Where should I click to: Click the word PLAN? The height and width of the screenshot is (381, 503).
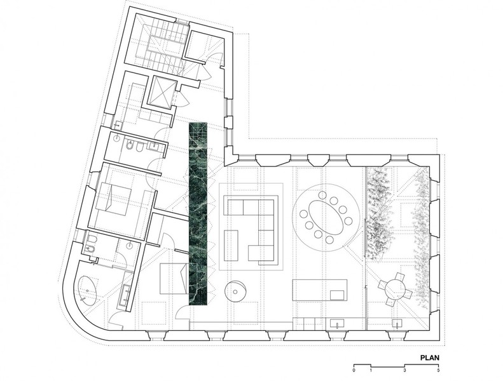[429, 358]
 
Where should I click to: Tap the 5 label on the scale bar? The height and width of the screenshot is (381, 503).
[438, 370]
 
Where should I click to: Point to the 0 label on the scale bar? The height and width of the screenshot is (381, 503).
[354, 370]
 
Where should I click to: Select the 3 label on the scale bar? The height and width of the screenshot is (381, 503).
[404, 370]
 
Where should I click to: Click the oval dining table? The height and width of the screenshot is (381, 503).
[326, 218]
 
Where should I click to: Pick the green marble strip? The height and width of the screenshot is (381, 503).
[198, 214]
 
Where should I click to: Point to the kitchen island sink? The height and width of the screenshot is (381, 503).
[337, 295]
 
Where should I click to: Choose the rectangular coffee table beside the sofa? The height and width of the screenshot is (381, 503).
[231, 245]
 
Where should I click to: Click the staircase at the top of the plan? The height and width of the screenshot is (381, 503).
[161, 50]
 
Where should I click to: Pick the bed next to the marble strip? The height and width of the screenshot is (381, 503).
[174, 278]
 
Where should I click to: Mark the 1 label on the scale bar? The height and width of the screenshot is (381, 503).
[371, 370]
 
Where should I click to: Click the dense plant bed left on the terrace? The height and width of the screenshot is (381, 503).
[380, 211]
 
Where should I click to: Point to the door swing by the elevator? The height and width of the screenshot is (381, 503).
[181, 97]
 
